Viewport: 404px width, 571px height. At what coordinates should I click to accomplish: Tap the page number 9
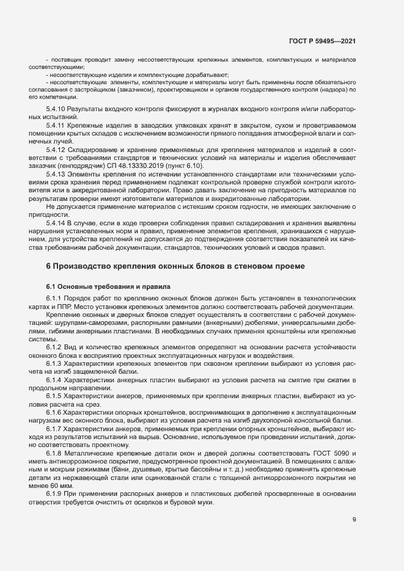(354, 520)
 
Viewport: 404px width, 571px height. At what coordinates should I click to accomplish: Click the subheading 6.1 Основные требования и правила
(105, 286)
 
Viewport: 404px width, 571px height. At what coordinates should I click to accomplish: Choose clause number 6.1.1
(55, 298)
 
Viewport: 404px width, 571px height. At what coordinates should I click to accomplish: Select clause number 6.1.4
(55, 380)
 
